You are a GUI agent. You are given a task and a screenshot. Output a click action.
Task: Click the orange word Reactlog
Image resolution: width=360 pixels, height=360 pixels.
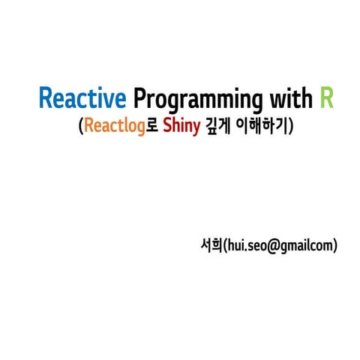point(112,127)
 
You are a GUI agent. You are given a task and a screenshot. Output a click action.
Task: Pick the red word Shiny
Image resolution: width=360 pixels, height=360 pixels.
point(181,127)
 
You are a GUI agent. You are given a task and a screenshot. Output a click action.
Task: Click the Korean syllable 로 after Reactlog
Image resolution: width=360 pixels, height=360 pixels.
point(150,127)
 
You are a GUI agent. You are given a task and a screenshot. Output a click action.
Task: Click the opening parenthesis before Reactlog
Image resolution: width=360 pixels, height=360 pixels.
point(80,127)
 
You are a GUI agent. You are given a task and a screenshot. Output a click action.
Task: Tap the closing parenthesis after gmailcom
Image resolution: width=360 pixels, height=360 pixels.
point(335,245)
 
